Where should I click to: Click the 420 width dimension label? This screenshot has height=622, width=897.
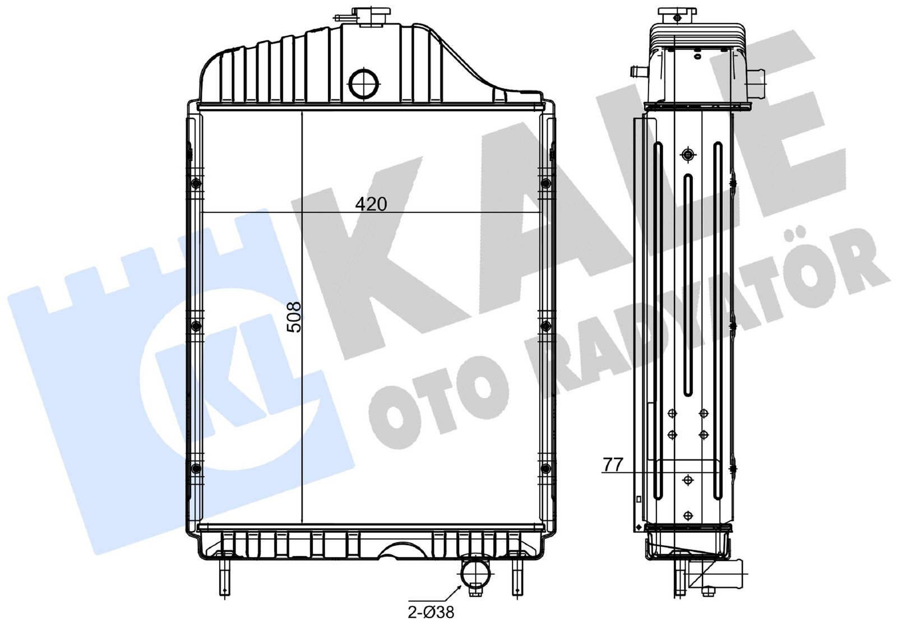371,204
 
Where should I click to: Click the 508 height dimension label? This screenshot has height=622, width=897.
294,317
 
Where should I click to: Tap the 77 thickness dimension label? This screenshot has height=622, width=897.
613,465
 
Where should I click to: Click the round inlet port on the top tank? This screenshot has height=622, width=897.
365,83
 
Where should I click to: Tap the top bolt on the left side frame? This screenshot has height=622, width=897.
195,183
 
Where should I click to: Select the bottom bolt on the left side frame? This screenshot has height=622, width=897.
195,468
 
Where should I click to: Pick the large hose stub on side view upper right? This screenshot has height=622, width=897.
756,83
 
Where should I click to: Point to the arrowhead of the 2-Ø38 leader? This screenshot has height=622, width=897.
462,586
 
